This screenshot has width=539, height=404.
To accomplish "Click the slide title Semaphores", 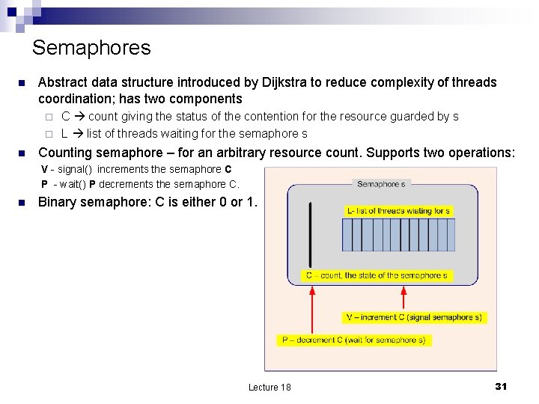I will [91, 48].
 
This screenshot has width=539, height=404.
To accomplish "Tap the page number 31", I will [501, 386].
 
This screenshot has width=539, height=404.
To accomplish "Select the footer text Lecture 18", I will [269, 387].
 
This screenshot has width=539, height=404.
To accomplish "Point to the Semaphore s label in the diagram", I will [381, 184].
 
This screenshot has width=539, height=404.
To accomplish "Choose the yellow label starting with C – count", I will [377, 275].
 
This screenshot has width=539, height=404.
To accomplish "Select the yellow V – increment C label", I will [414, 317].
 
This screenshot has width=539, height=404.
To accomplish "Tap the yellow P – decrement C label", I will [353, 340].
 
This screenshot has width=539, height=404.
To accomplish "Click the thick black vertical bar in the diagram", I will [310, 230].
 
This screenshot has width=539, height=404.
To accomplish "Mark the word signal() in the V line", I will [73, 170].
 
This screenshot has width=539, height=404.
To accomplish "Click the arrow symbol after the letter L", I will [77, 134].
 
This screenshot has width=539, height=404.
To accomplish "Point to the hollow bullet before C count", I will [47, 117].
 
